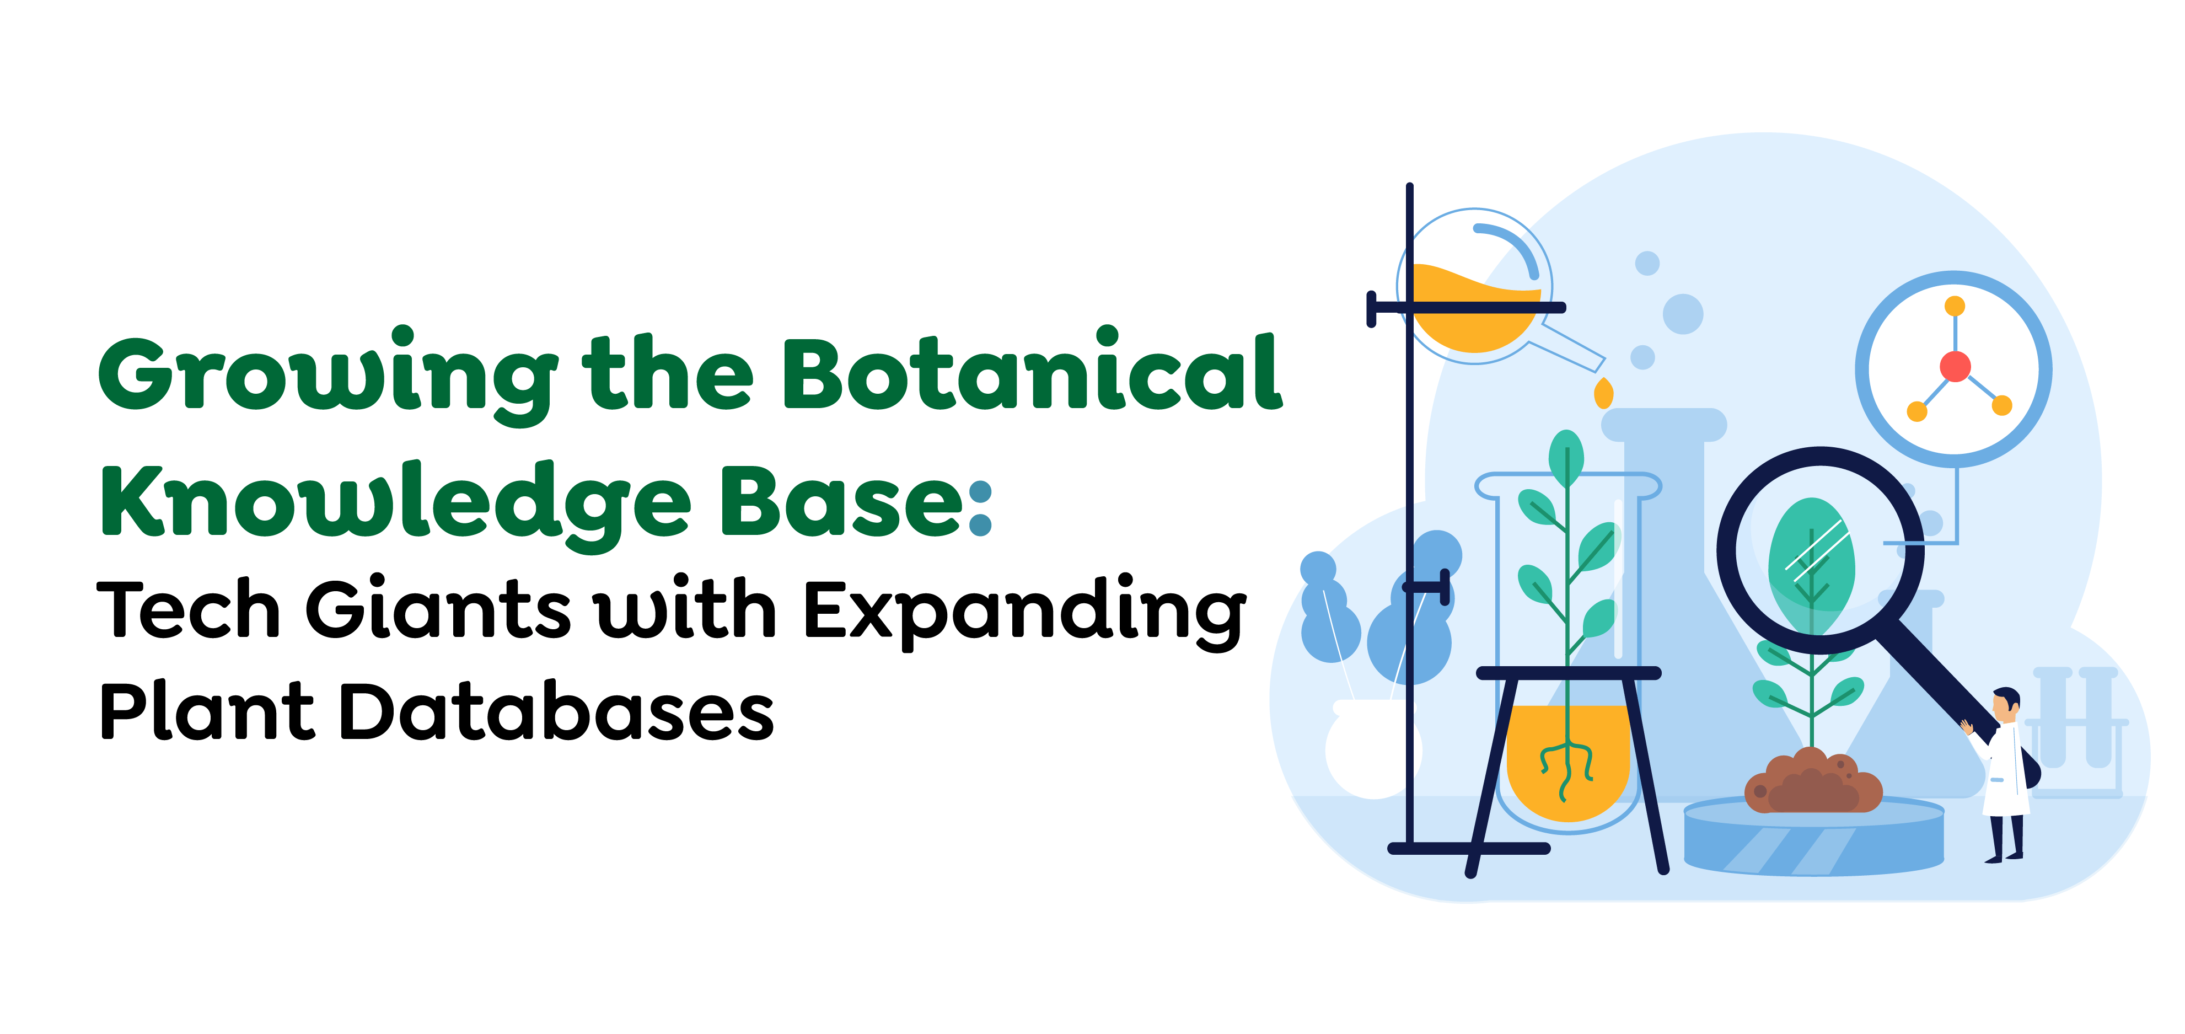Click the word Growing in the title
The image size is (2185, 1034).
click(x=328, y=376)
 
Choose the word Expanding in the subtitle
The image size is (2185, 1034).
click(x=1024, y=613)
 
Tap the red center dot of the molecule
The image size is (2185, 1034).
click(x=1955, y=366)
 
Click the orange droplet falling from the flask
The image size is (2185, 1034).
click(x=1603, y=394)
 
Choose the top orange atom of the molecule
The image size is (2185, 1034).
click(x=1955, y=306)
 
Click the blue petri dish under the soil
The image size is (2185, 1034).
click(x=1813, y=838)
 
